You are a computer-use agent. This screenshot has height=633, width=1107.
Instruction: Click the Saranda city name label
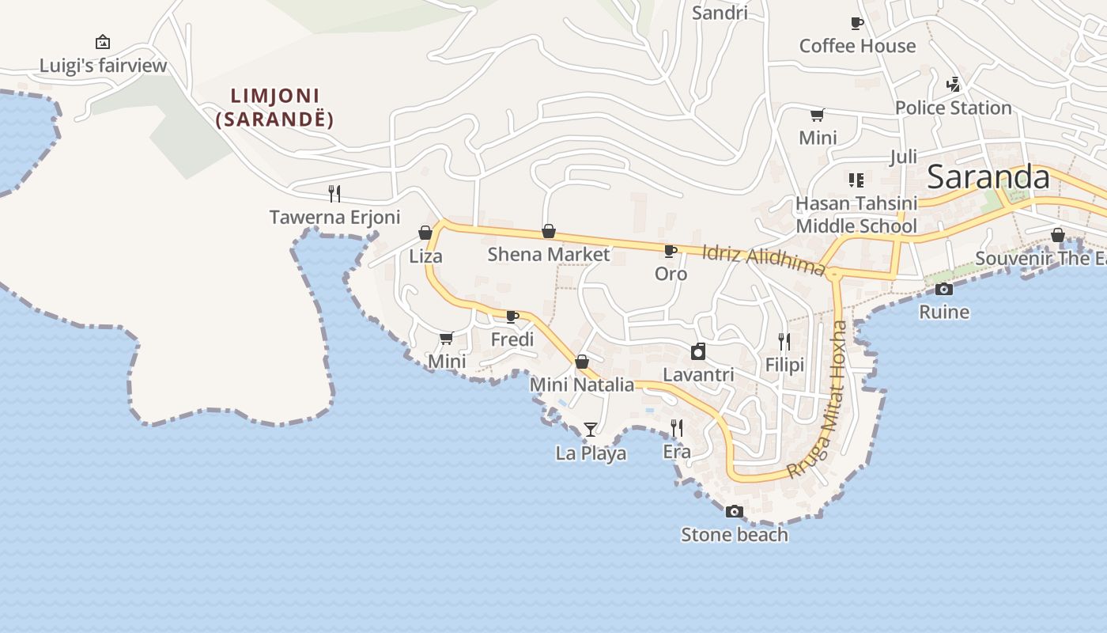point(988,176)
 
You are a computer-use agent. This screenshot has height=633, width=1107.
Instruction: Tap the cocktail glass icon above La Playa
point(590,430)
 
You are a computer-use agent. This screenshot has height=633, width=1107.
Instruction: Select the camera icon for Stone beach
point(735,511)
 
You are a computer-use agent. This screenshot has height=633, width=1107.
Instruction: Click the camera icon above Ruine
point(943,289)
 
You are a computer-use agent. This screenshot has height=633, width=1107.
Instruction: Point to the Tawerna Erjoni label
point(334,217)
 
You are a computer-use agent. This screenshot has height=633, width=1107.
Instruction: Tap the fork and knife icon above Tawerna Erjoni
point(334,193)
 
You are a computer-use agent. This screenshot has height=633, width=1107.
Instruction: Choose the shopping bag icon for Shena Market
point(548,231)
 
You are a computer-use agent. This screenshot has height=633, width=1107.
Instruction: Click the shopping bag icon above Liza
point(425,233)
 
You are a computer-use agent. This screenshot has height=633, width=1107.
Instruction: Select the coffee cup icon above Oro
point(671,252)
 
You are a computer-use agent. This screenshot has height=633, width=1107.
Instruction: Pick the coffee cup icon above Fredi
point(512,316)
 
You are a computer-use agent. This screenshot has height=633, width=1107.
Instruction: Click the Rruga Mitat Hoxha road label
point(829,400)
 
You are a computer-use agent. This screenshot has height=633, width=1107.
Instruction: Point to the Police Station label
point(953,108)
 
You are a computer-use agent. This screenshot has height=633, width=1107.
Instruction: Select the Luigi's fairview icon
point(102,42)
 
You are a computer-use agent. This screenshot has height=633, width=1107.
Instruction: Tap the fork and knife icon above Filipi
point(784,341)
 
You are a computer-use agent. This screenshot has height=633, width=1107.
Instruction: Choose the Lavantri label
point(698,374)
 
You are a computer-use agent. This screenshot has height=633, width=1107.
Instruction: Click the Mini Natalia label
point(582,385)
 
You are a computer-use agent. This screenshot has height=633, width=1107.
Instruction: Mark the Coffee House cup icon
point(856,23)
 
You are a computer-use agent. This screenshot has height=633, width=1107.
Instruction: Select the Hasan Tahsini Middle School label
point(856,214)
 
